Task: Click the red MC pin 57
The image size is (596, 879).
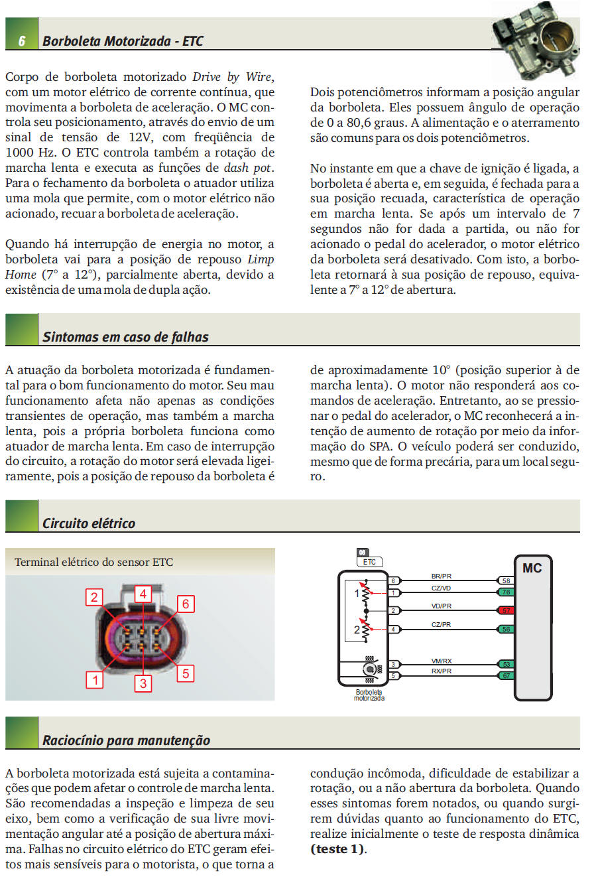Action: click(507, 610)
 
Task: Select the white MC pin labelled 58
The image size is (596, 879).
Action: click(507, 580)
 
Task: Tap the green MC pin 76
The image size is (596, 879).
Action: click(507, 592)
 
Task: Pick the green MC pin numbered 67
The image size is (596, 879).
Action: click(507, 675)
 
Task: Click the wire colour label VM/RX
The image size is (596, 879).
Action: click(442, 661)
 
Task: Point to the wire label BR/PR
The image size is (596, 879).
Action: click(441, 576)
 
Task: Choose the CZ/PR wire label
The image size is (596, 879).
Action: click(441, 625)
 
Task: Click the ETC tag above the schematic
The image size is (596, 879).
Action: click(369, 562)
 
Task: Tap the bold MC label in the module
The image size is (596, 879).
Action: click(532, 568)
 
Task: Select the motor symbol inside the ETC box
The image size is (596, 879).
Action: click(370, 669)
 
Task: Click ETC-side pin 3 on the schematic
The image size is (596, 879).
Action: click(393, 664)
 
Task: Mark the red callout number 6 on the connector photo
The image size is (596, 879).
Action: click(186, 604)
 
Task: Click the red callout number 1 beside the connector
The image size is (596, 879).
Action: click(95, 680)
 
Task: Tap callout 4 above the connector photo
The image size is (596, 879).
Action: click(143, 594)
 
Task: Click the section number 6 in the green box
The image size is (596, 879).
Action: click(21, 41)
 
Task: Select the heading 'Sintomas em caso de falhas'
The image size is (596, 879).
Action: click(125, 337)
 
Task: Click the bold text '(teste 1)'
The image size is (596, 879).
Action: click(337, 849)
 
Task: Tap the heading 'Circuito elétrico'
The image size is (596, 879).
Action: click(89, 523)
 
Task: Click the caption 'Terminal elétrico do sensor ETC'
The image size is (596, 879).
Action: click(93, 562)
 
